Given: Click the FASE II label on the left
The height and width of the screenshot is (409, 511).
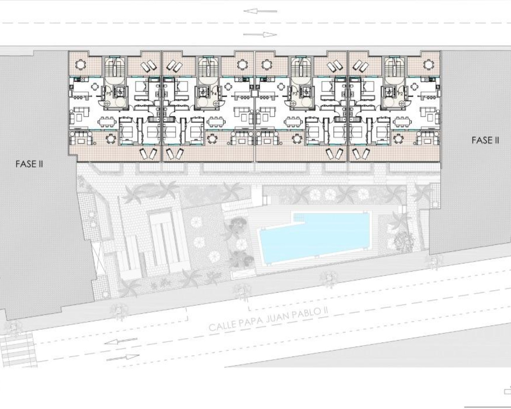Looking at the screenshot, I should click(x=29, y=164).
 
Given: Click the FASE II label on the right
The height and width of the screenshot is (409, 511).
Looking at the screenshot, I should click(x=485, y=140).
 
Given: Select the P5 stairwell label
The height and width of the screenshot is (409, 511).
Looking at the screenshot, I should click(x=109, y=93).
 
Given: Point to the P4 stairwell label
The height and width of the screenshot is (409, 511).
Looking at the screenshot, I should click(x=214, y=93).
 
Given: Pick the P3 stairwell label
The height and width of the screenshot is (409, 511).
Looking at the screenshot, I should click(x=295, y=93).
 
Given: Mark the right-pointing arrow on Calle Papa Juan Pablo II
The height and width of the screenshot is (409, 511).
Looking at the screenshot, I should click(x=127, y=357).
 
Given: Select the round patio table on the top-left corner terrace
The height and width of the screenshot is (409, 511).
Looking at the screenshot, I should click(x=81, y=64).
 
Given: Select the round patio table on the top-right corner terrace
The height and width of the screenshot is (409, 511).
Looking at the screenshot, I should click(x=428, y=64).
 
